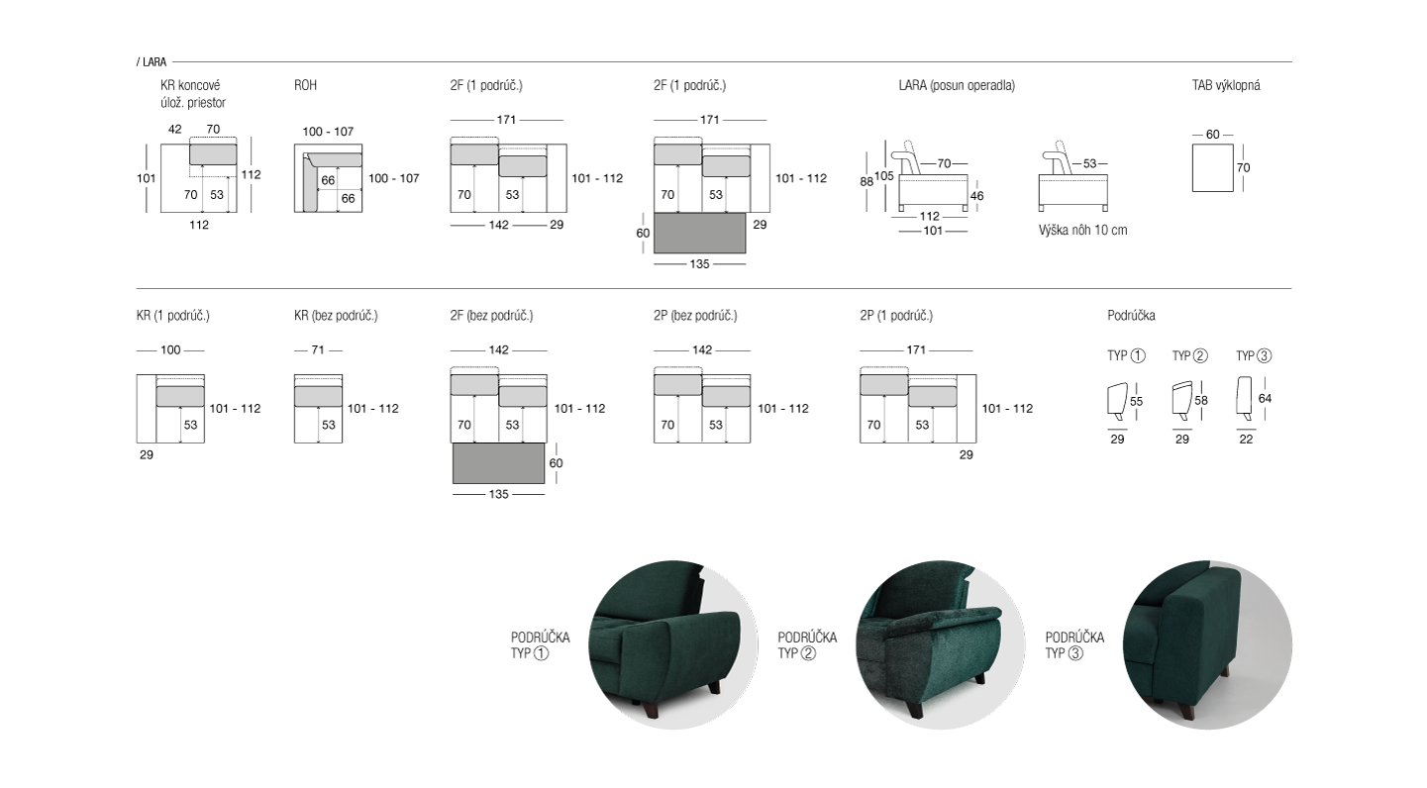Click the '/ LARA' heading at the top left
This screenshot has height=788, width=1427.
151,61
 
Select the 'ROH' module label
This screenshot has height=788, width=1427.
305,85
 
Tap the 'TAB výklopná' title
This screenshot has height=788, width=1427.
1226,85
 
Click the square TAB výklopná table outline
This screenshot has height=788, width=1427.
1212,167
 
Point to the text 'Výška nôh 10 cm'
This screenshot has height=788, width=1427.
1082,230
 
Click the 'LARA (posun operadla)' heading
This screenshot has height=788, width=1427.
957,85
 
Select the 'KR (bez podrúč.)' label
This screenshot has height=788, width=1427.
336,316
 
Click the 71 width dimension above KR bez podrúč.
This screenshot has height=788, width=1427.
318,349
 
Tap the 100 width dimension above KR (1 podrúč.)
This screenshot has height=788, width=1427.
170,349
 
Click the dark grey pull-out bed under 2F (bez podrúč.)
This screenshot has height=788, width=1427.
498,463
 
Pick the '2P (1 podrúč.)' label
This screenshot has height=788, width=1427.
895,316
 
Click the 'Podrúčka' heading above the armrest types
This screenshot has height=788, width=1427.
1131,316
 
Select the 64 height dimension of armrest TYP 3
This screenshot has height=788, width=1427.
1265,398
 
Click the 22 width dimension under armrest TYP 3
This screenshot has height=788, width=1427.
1246,439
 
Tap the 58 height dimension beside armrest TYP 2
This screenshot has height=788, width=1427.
1201,400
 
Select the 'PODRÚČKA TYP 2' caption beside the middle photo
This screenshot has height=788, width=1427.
807,644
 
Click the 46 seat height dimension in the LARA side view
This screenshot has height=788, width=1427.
976,196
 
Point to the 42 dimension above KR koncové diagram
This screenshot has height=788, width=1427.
174,130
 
